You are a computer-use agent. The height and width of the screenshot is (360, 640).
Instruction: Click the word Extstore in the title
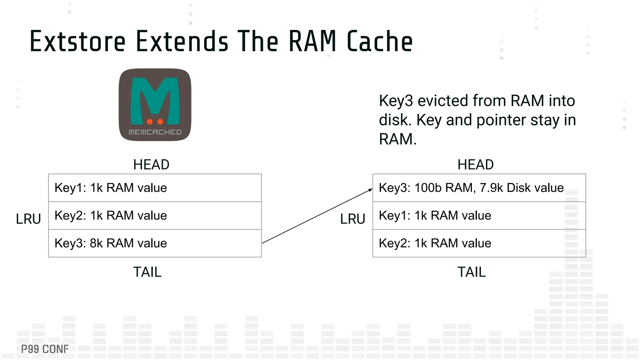77,41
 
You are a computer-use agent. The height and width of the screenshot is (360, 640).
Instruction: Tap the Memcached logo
155,105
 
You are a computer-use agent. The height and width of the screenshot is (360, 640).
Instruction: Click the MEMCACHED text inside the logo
155,132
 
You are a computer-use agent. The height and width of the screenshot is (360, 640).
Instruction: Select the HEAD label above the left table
151,165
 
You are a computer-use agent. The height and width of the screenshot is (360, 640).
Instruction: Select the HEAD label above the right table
475,165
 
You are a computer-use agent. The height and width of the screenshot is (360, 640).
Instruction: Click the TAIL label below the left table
147,272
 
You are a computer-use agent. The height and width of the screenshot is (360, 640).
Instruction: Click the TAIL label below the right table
472,272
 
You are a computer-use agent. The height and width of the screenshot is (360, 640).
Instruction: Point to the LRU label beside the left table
28,219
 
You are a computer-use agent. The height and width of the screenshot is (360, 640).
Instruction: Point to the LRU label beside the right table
352,219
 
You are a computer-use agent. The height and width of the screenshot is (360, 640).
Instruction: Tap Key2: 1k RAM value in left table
111,216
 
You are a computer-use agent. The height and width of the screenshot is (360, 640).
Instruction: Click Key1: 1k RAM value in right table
435,216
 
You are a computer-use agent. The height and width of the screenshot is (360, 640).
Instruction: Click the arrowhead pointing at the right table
371,190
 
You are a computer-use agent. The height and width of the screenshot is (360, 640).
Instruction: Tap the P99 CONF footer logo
45,349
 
